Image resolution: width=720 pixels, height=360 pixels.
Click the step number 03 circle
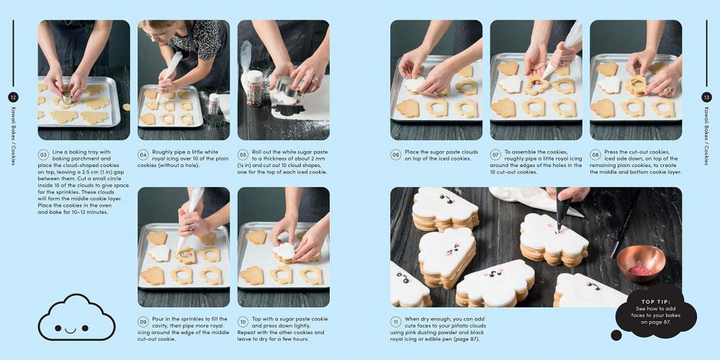[x=43, y=154]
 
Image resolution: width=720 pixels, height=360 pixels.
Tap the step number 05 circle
[x=243, y=154]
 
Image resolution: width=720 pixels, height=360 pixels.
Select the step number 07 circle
[x=495, y=154]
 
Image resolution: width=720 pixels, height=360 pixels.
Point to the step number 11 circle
[x=396, y=321]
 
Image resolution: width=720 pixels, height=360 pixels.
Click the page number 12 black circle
[x=13, y=97]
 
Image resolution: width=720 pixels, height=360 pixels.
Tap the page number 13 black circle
[x=707, y=97]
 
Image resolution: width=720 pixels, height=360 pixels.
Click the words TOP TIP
[x=656, y=302]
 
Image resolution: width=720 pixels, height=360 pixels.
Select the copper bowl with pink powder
[x=641, y=263]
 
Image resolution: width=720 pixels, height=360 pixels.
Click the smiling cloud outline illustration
[x=77, y=318]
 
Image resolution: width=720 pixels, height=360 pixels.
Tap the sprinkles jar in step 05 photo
[x=254, y=89]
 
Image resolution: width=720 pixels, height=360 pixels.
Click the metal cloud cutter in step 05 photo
[x=287, y=87]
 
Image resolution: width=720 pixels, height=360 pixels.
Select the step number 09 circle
[x=143, y=321]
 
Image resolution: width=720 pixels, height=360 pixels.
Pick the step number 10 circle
[x=243, y=321]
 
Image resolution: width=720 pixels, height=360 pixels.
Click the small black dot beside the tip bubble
[x=616, y=336]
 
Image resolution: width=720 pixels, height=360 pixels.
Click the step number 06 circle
[x=396, y=154]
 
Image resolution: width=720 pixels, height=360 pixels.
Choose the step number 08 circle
[x=595, y=154]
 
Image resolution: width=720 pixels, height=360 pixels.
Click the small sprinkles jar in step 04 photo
[x=214, y=104]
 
